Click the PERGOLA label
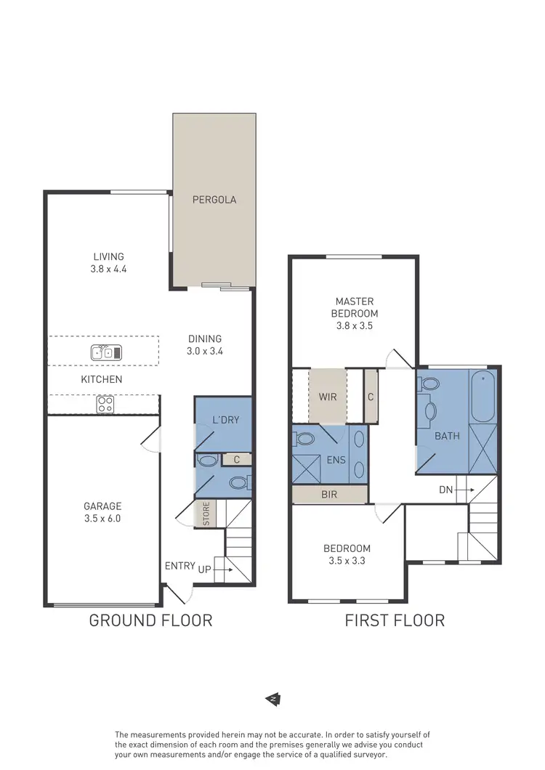(214, 199)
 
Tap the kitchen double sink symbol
(106, 353)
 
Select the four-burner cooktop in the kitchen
(105, 404)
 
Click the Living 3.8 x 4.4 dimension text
(108, 268)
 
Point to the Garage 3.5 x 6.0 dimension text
(102, 519)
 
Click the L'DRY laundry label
(226, 420)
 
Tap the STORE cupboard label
(206, 514)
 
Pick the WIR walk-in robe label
(327, 397)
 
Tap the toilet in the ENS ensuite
(304, 439)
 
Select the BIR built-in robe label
(328, 495)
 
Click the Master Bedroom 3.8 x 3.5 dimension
(355, 326)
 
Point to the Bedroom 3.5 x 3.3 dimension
(347, 561)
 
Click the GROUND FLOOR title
(150, 620)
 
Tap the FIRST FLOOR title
(394, 620)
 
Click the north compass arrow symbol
(272, 699)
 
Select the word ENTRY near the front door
(179, 566)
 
